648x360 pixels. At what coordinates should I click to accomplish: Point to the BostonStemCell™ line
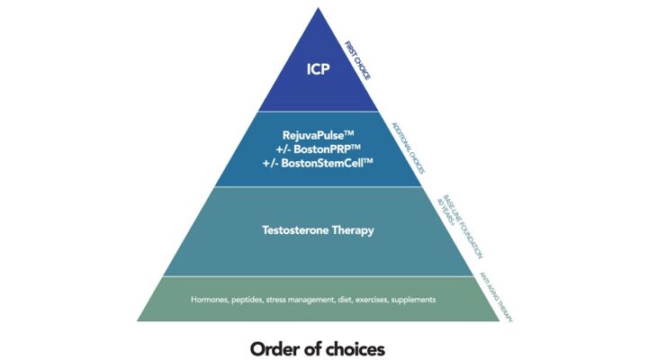(317, 163)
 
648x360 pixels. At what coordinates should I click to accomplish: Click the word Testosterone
(290, 230)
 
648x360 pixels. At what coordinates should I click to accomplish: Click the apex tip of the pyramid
(318, 9)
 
